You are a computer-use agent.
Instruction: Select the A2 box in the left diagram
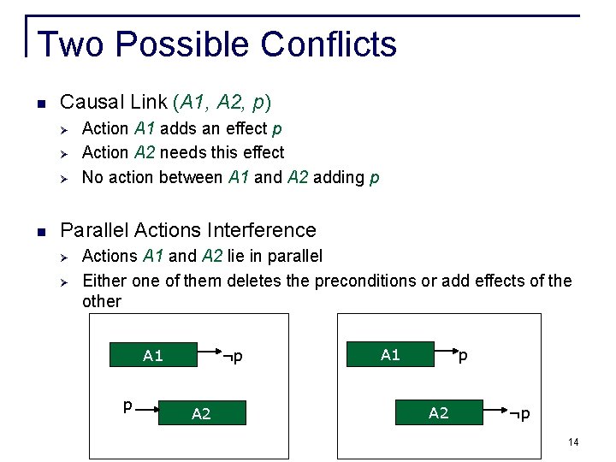coord(202,414)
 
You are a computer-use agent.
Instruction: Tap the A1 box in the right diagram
coord(390,354)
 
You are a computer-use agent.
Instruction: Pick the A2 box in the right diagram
coord(438,413)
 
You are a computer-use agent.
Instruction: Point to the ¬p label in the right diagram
coord(519,414)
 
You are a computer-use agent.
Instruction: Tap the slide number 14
coord(573,441)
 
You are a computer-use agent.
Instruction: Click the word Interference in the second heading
coord(264,230)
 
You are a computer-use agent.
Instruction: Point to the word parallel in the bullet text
coord(293,256)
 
